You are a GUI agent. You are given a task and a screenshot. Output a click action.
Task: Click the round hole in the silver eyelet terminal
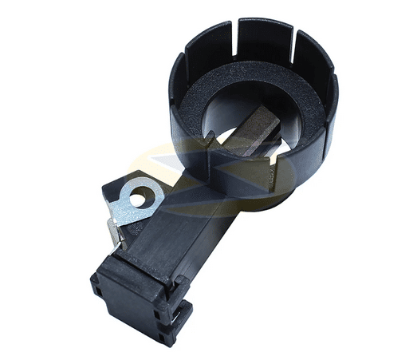pyautogui.click(x=141, y=196)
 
